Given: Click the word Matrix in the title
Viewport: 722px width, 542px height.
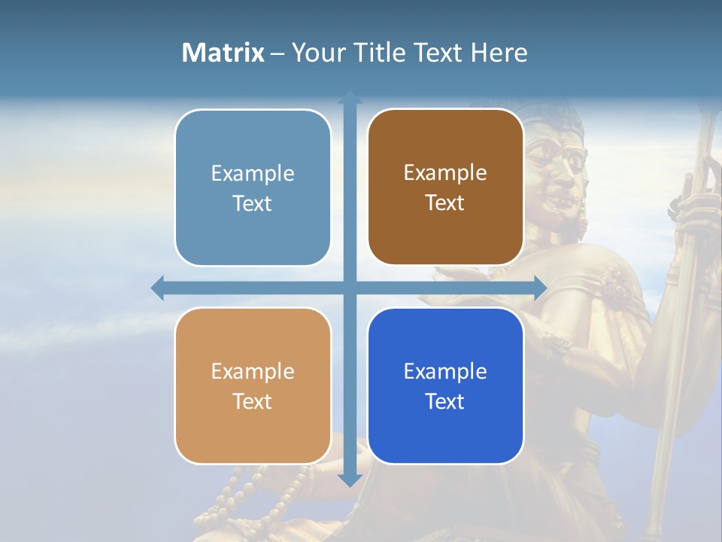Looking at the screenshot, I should click(x=223, y=53).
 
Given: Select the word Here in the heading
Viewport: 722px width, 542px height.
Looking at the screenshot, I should click(x=499, y=53).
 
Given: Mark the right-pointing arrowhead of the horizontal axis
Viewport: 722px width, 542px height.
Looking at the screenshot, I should click(x=539, y=288).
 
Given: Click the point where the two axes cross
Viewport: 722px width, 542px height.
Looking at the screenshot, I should click(x=350, y=288).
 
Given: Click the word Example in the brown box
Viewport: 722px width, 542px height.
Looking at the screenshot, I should click(x=445, y=173).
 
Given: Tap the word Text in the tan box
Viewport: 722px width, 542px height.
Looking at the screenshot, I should click(x=253, y=401).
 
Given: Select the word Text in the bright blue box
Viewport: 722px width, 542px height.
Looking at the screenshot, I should click(x=445, y=401).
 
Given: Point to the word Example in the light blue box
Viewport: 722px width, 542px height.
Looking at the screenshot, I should click(x=253, y=174).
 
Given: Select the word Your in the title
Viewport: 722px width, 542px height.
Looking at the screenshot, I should click(x=318, y=53).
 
